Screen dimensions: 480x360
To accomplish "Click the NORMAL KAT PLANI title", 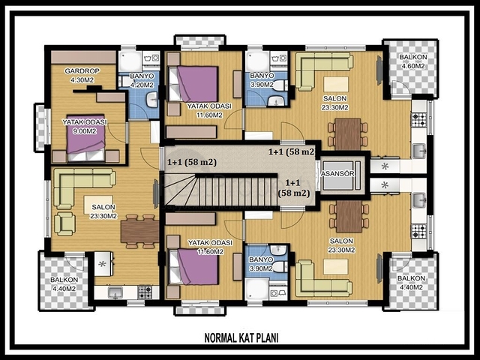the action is (x=241, y=338).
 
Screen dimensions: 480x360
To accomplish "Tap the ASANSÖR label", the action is (x=337, y=173).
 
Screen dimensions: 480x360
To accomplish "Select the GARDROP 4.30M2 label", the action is (x=82, y=76).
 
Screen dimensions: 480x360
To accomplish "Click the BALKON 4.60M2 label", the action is (x=413, y=61).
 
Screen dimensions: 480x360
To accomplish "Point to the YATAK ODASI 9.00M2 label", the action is (x=85, y=127).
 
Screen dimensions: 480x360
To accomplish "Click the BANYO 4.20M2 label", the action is (x=142, y=80).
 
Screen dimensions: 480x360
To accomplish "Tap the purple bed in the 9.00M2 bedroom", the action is (x=87, y=143).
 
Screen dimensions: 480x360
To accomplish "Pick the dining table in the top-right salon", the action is (x=348, y=134).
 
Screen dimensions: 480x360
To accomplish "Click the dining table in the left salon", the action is (x=139, y=232).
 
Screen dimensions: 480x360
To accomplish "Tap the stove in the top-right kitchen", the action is (x=419, y=120).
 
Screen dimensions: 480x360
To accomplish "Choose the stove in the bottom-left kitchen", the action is (x=145, y=292).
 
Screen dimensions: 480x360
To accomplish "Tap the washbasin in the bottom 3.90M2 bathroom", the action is (x=278, y=250).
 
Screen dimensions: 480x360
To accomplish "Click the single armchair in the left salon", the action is (x=64, y=223).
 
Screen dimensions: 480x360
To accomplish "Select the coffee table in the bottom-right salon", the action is (x=336, y=266).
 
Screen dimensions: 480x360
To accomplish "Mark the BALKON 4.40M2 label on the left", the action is (x=64, y=284).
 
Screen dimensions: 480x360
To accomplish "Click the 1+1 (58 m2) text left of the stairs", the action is (x=192, y=162).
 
